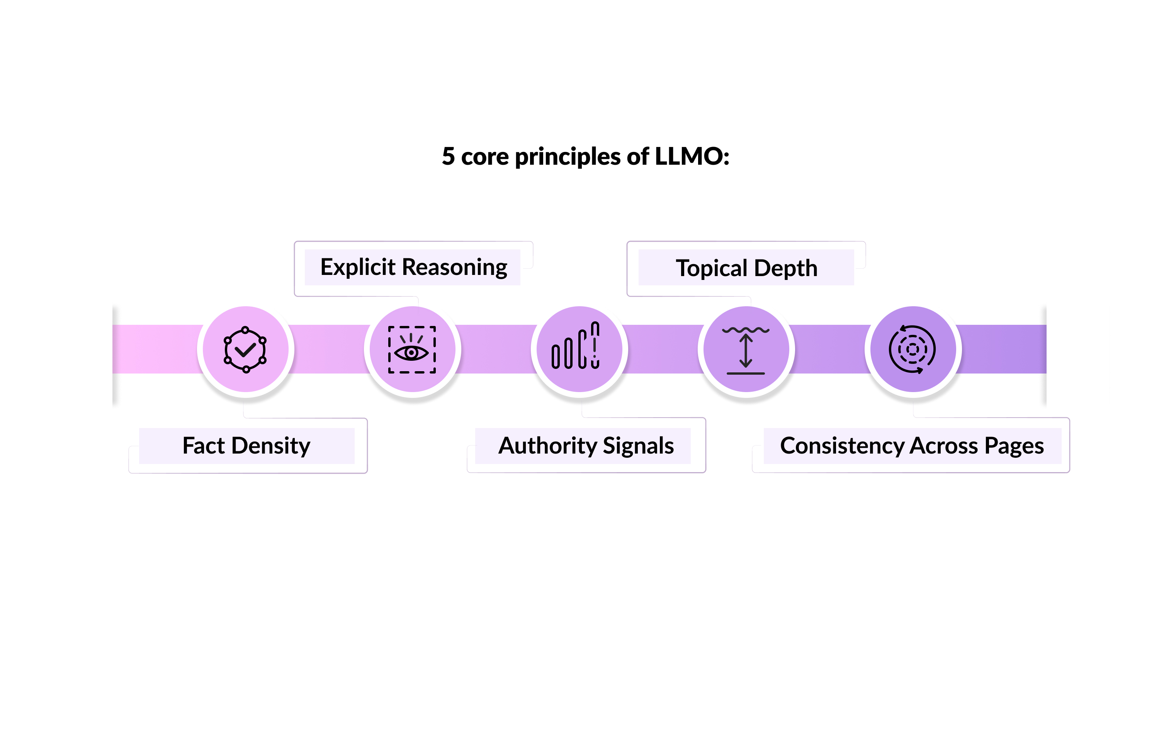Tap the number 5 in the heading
point(448,157)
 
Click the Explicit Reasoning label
point(413,267)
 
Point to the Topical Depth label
point(746,268)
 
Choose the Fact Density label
point(246,445)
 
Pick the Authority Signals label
point(586,445)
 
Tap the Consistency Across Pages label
point(912,445)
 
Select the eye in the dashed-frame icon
point(411,352)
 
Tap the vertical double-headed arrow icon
point(746,350)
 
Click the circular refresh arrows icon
point(912,349)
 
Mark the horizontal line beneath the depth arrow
point(746,374)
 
